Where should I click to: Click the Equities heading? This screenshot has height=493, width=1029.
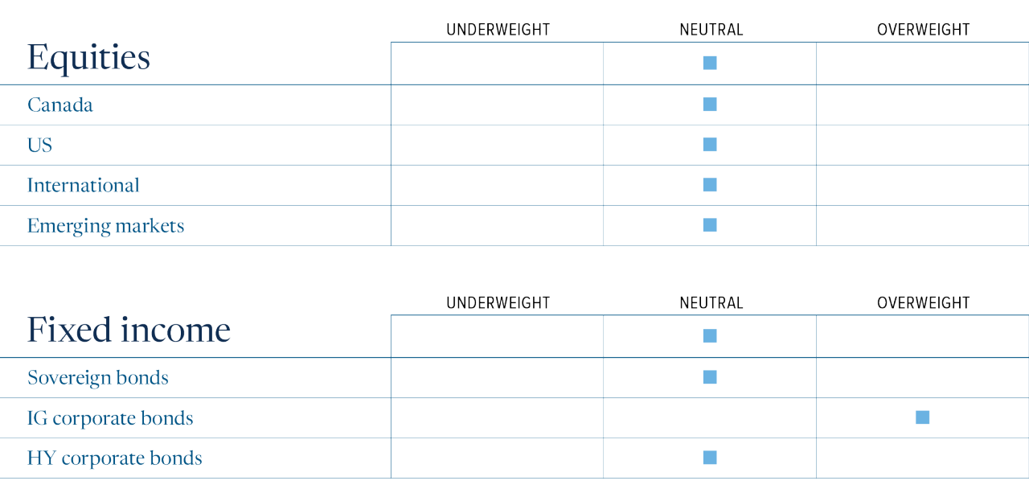click(88, 58)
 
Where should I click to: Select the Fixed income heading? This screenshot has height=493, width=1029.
click(129, 330)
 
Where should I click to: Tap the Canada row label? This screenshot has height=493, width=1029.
click(60, 105)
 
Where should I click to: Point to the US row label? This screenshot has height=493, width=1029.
click(39, 146)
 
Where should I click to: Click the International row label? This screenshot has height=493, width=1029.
click(83, 185)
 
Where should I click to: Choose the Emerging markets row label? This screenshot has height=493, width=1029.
click(105, 226)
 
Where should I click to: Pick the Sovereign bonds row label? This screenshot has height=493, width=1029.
click(98, 378)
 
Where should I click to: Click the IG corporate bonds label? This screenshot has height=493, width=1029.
click(110, 418)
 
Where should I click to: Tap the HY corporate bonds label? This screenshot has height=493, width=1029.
click(115, 458)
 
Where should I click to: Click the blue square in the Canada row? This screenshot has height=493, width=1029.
click(710, 105)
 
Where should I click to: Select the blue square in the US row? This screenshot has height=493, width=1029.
click(710, 144)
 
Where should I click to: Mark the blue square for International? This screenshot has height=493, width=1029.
click(710, 185)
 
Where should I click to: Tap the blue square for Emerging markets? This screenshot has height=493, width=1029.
click(710, 224)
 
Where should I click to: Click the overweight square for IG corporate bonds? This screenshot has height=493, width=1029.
click(922, 417)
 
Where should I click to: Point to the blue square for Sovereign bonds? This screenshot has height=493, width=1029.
click(710, 376)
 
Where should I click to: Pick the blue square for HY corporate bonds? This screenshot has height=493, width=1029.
click(710, 457)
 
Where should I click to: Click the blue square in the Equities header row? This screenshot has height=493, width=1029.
click(710, 63)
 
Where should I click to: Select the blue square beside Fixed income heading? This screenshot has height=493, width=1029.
click(710, 336)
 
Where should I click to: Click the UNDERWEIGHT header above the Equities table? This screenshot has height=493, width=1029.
click(498, 30)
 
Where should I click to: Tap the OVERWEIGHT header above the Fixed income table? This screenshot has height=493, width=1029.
click(924, 302)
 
